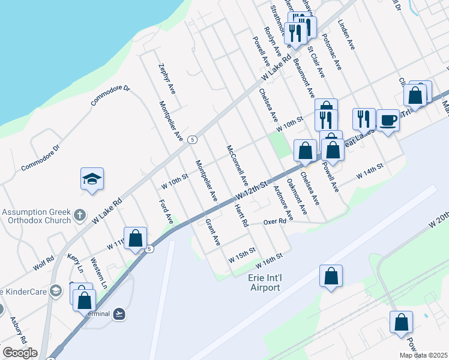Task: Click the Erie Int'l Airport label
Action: [x=264, y=282]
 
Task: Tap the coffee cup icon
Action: [x=388, y=120]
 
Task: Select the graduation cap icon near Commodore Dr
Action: [x=92, y=179]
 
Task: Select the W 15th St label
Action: [x=242, y=254]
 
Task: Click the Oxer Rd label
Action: [x=274, y=222]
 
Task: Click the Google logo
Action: [x=20, y=353]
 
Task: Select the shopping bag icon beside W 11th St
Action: [x=136, y=238]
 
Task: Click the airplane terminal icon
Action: [x=119, y=313]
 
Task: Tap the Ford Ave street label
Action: [x=166, y=212]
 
